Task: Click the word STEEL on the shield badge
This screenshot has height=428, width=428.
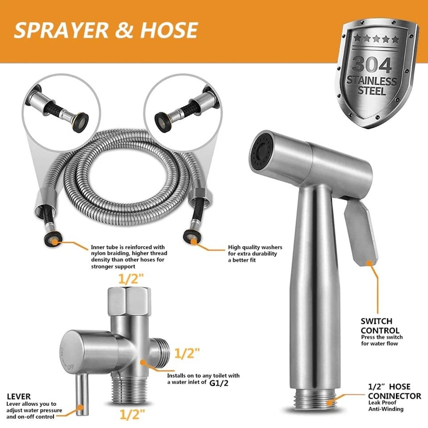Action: [x=372, y=91]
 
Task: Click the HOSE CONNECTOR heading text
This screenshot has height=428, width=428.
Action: [x=394, y=392]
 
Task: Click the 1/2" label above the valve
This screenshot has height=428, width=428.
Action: [x=132, y=279]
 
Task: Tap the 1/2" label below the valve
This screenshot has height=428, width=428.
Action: [x=132, y=414]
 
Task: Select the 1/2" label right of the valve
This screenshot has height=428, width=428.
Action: [x=187, y=354]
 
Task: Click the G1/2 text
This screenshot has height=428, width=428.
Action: [x=219, y=383]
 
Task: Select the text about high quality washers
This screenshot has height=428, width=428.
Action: [x=253, y=253]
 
